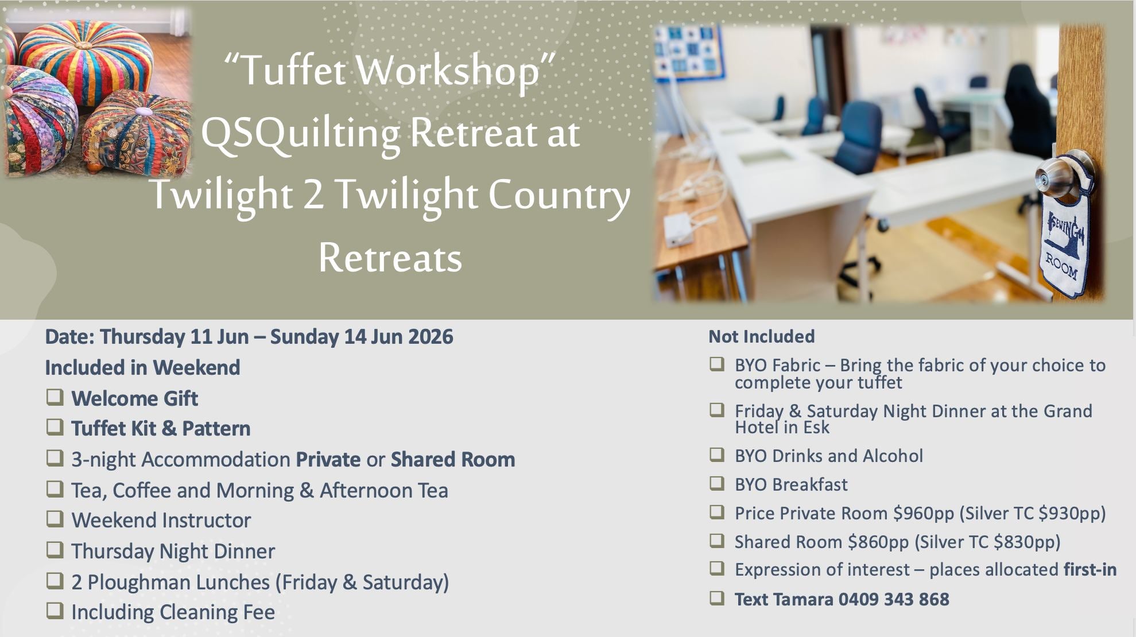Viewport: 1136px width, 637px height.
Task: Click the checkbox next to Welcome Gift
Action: tap(55, 397)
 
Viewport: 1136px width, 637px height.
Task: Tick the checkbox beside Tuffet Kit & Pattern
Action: tap(55, 428)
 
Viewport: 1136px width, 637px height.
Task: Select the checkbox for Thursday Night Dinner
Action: tap(55, 550)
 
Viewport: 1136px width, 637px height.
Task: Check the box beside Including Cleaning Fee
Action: tap(55, 611)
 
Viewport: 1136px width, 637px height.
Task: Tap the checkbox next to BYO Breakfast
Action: tap(717, 483)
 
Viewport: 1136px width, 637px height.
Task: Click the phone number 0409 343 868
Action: tap(894, 600)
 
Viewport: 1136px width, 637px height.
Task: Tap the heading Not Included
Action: tap(762, 336)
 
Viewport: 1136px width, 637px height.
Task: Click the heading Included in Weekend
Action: tap(142, 368)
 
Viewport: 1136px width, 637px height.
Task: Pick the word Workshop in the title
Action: tap(448, 71)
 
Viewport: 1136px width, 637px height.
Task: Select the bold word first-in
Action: tap(1090, 570)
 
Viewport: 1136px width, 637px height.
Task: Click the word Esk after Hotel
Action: tap(816, 428)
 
